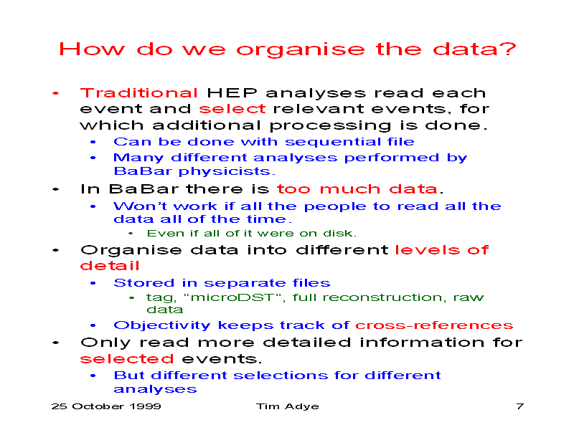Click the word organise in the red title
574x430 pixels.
(x=301, y=50)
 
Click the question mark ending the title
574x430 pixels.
(x=510, y=49)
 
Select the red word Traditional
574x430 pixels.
(x=138, y=93)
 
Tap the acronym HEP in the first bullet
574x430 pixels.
(x=232, y=93)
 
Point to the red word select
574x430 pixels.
(x=232, y=109)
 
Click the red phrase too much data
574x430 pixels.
(x=357, y=189)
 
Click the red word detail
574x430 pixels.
(x=110, y=266)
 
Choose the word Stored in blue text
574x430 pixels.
(x=144, y=283)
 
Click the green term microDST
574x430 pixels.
(x=232, y=297)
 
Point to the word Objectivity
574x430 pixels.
(x=162, y=325)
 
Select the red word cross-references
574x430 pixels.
(x=434, y=325)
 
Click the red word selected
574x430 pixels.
(x=127, y=359)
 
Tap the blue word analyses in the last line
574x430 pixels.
(x=155, y=389)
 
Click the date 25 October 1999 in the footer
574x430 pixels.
(x=106, y=406)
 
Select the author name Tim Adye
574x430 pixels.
(x=288, y=406)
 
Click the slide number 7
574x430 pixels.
(x=519, y=406)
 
